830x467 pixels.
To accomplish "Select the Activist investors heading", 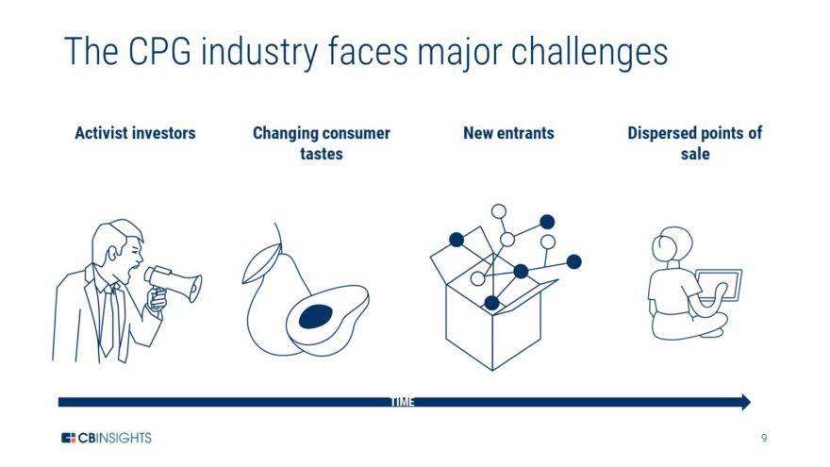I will pyautogui.click(x=135, y=133).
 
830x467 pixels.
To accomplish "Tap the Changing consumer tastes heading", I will pyautogui.click(x=321, y=142).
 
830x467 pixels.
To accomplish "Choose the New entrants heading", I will pyautogui.click(x=508, y=133).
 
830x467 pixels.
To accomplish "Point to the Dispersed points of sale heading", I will pyautogui.click(x=694, y=142).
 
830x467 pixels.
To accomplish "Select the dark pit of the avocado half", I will pyautogui.click(x=315, y=318).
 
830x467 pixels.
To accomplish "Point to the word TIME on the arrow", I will pyautogui.click(x=403, y=402).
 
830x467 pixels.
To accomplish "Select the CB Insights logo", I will pyautogui.click(x=106, y=438).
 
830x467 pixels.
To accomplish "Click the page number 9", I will pyautogui.click(x=765, y=438).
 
